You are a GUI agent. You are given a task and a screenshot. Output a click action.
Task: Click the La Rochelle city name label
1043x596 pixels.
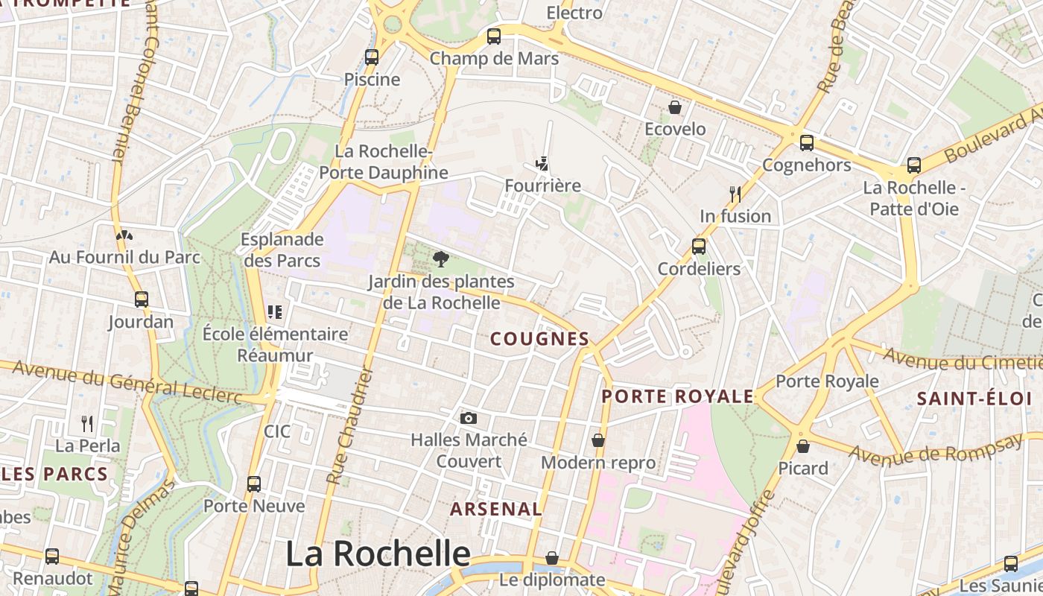tap(378, 554)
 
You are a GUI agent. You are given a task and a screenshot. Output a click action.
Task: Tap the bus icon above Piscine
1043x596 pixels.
tap(372, 57)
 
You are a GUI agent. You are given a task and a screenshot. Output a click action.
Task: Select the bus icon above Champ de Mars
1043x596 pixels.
tap(493, 36)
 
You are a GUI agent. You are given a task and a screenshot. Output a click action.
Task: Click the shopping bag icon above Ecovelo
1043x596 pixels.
tap(675, 107)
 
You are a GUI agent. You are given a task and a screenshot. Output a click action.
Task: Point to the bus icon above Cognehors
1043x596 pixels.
tap(807, 142)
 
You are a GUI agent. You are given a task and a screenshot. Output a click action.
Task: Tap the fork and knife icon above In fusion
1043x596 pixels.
tap(735, 194)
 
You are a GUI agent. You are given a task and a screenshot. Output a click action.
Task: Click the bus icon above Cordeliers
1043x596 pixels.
tap(699, 246)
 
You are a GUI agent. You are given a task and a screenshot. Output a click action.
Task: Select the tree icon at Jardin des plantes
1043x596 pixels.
tap(441, 259)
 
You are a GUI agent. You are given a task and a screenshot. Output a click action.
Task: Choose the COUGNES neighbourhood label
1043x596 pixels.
tap(540, 339)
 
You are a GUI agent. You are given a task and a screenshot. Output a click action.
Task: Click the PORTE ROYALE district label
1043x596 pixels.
tap(678, 396)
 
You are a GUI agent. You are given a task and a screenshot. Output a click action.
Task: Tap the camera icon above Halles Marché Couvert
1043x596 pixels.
tap(469, 418)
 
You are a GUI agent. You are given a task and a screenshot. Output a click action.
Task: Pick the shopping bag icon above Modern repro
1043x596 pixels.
tap(598, 440)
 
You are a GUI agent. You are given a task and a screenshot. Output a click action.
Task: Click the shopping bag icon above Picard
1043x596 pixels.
tap(803, 446)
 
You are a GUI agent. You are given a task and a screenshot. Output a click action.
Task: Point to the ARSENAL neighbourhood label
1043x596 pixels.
tap(496, 510)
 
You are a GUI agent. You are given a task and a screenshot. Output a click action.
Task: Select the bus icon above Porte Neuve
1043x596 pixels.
tap(254, 484)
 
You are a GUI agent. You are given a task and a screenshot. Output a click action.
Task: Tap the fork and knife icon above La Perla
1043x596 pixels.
tap(87, 424)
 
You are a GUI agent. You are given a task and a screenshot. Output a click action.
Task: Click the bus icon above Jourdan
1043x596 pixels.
tap(142, 299)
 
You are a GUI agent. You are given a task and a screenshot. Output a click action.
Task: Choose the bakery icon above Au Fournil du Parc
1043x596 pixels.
tap(124, 235)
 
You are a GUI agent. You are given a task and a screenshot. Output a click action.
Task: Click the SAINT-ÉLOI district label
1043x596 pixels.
tap(974, 399)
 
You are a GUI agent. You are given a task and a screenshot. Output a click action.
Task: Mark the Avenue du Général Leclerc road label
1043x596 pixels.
tap(127, 383)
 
